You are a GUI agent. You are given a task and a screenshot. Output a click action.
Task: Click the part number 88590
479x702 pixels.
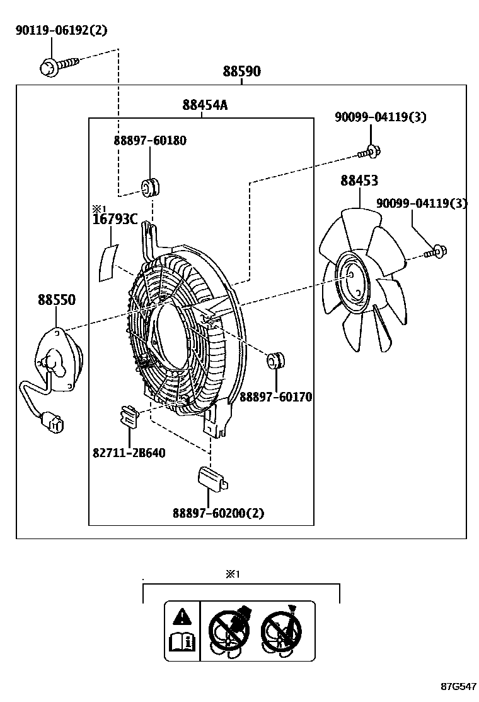(241, 72)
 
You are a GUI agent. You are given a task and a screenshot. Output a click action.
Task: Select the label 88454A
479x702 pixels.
(205, 105)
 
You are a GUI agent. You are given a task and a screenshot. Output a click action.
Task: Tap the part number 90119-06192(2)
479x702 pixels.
(62, 30)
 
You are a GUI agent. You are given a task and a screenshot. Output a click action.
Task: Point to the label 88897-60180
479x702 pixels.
(150, 140)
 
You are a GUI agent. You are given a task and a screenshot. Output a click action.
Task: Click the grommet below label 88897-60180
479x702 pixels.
(151, 187)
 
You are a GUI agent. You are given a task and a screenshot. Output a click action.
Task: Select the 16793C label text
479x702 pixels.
(115, 219)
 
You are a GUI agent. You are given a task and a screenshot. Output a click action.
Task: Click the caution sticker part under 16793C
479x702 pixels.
(109, 262)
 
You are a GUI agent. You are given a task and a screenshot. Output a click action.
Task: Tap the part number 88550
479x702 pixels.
(56, 300)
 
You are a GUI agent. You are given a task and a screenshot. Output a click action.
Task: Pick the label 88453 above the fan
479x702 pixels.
(359, 181)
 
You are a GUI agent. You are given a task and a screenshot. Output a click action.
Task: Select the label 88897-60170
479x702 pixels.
(275, 397)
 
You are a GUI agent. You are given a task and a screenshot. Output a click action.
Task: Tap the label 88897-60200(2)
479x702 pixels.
(218, 513)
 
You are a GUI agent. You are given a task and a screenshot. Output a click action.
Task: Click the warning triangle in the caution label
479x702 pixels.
(182, 616)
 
